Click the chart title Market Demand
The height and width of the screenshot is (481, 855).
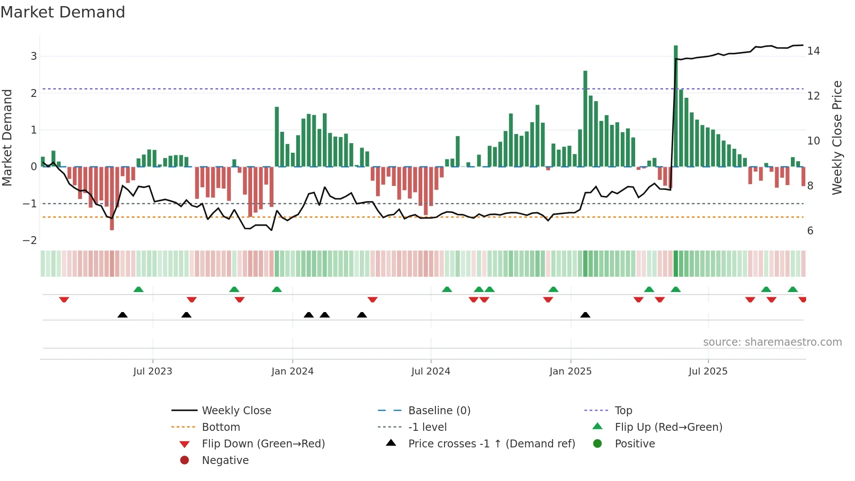(x=63, y=12)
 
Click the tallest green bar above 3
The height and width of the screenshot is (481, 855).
(x=676, y=105)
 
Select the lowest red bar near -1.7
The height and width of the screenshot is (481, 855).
(x=112, y=199)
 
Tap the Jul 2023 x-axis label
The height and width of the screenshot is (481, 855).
(x=153, y=371)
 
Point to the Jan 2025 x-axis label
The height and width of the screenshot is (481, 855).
(x=570, y=371)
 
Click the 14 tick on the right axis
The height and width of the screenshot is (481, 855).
(x=813, y=51)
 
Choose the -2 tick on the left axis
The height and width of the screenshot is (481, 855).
(x=30, y=240)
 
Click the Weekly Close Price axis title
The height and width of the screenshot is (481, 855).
(x=837, y=137)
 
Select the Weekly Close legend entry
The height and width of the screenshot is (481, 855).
(x=236, y=411)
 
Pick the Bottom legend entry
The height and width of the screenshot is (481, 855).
(x=221, y=427)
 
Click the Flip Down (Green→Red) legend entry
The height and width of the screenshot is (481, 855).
(x=263, y=444)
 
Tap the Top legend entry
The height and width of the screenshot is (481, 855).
(x=623, y=411)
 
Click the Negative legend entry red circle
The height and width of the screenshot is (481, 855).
(x=185, y=460)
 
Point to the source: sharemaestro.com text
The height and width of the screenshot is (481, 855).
(x=772, y=342)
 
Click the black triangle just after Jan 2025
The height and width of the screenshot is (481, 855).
(x=585, y=315)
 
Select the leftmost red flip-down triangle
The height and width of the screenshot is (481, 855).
(x=64, y=299)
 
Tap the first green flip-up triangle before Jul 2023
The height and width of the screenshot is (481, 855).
(x=138, y=289)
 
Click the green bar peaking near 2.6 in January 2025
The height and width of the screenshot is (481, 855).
(x=585, y=118)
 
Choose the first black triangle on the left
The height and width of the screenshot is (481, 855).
(x=123, y=315)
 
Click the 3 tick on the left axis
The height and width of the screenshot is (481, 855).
(x=34, y=56)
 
